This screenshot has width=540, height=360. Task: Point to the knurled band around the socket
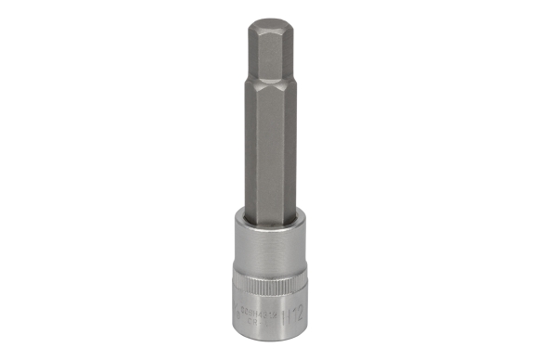[x=269, y=292]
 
